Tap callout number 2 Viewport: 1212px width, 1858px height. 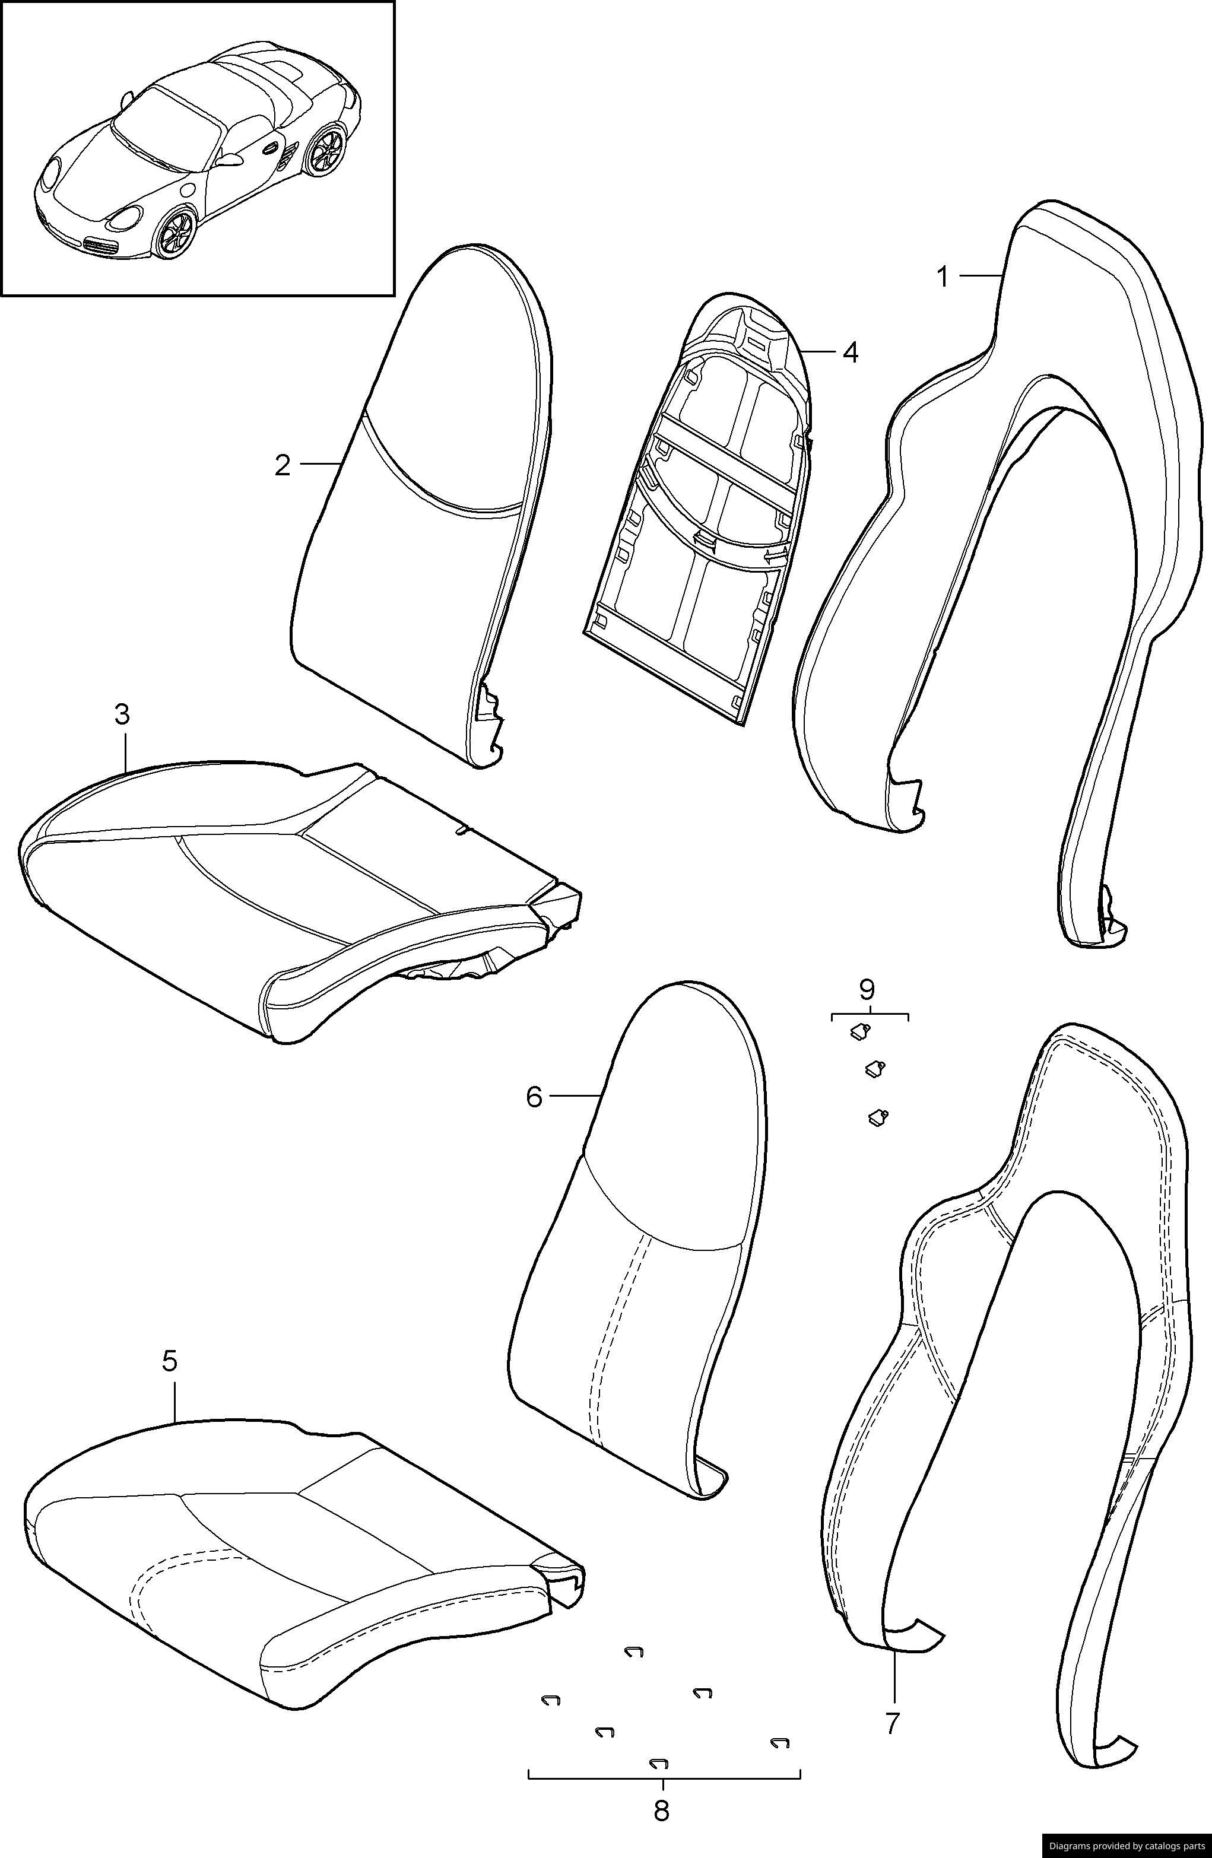283,465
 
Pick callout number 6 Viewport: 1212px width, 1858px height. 534,1097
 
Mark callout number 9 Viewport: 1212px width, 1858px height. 867,990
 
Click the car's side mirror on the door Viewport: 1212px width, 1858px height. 230,160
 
